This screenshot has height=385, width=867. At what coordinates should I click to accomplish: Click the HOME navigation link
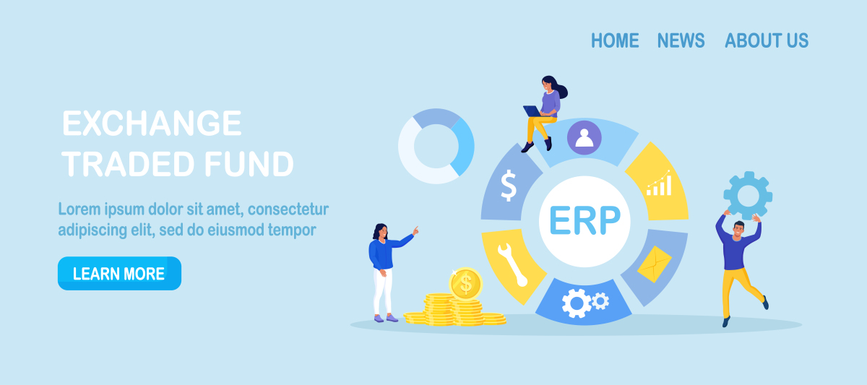pos(615,40)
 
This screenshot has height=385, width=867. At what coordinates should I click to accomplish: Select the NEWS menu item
pos(681,40)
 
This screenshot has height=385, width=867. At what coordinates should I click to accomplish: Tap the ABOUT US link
pos(767,40)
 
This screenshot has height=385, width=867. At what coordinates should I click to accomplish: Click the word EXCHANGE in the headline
pos(152,123)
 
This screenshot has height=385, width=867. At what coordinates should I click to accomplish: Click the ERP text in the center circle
pos(585,220)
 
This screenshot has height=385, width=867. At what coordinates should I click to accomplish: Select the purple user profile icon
pos(585,137)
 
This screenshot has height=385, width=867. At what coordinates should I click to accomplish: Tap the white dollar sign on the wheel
pos(509,186)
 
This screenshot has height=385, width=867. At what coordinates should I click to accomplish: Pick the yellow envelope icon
pos(655,264)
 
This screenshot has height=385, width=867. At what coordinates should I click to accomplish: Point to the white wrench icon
pos(512,265)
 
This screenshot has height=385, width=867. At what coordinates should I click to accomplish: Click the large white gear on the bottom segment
pos(577,303)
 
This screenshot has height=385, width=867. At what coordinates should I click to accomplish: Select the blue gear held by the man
pos(749,196)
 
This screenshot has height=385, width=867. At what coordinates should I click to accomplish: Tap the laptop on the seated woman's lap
pos(533,111)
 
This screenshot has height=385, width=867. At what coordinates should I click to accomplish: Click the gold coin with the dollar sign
pos(465,284)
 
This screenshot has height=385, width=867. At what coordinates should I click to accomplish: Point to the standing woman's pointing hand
pos(415,231)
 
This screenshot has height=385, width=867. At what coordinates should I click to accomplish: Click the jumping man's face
pos(738,230)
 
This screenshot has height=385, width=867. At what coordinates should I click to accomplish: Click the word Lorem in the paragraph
pos(79,209)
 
